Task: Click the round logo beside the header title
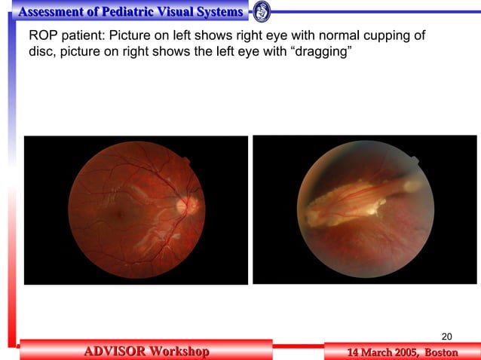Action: point(262,11)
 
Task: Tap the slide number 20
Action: point(446,336)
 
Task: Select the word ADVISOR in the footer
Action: point(114,351)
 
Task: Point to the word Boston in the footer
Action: point(441,352)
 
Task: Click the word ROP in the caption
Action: point(41,36)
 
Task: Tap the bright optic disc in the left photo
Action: point(185,203)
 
